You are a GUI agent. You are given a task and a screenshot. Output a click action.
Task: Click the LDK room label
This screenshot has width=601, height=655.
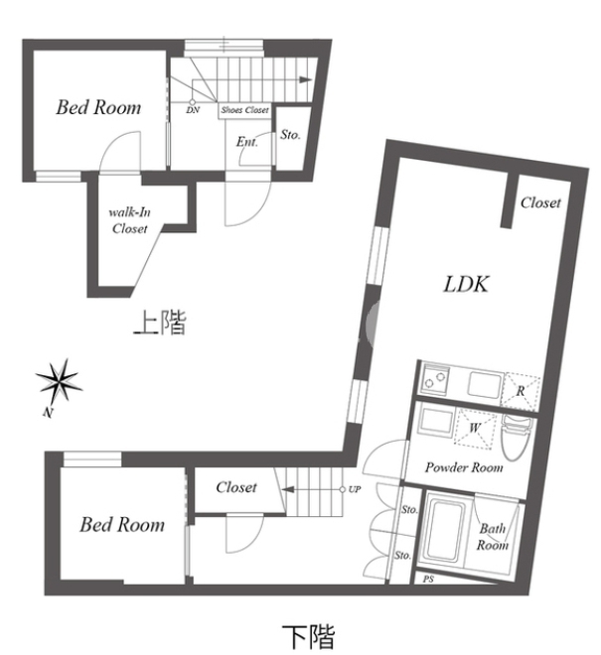point(466,285)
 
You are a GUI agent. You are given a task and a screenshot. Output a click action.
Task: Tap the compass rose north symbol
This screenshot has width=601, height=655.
point(59,381)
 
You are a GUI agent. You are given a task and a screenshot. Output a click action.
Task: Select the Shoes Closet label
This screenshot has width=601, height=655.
point(244,110)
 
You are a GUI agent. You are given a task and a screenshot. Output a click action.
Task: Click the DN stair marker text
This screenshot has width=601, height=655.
point(193,110)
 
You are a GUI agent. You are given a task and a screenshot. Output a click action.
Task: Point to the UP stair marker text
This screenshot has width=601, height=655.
point(355,489)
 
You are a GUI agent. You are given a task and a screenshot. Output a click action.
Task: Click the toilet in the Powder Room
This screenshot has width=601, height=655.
point(516,437)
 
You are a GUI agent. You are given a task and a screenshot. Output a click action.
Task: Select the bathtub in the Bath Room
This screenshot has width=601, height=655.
point(447,530)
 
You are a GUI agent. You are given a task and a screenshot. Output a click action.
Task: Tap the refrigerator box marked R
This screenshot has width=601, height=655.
point(521,391)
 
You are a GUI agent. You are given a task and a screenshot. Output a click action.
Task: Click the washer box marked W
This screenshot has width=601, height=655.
point(474,429)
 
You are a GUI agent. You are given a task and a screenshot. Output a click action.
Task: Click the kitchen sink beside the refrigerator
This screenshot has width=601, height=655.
point(485,386)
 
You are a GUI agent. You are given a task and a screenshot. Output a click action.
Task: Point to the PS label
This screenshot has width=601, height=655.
point(428,580)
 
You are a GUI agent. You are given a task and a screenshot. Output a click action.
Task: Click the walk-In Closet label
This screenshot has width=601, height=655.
point(130,220)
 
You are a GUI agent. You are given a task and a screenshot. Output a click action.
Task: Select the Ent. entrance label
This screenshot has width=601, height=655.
point(247,142)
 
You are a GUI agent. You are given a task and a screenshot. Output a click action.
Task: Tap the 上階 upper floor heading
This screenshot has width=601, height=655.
point(160,323)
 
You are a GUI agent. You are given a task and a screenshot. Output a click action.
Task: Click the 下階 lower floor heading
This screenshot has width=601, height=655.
point(309,636)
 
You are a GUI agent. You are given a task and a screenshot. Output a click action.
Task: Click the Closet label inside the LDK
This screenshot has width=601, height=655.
point(540,203)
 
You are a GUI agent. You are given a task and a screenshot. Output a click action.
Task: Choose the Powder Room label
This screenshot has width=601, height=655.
point(464,467)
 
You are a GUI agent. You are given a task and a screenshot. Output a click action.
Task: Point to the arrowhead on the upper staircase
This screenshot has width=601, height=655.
point(306,80)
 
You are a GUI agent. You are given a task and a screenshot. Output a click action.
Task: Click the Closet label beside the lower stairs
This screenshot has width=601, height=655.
point(236,487)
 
